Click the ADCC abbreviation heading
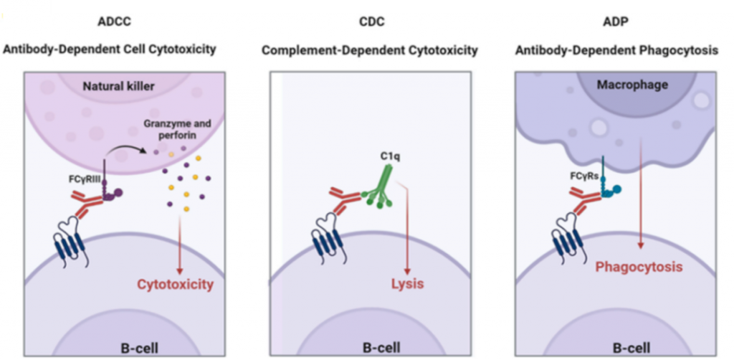click(x=114, y=22)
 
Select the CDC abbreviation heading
click(x=371, y=22)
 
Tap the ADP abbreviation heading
click(x=616, y=22)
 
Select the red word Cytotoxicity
click(x=176, y=284)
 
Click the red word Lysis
click(x=407, y=283)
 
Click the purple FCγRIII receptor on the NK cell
click(x=109, y=191)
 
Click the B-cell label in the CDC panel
click(x=381, y=349)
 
